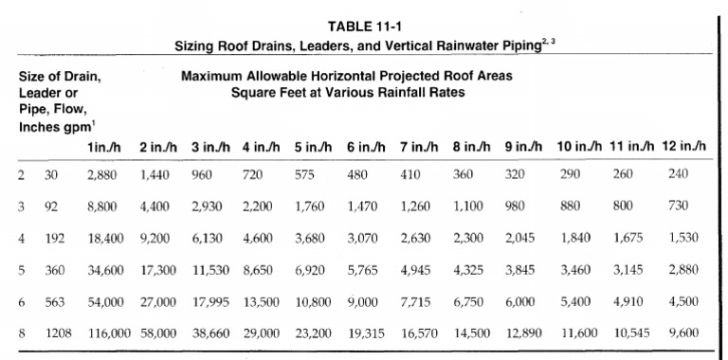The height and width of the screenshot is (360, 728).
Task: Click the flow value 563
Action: pos(55,301)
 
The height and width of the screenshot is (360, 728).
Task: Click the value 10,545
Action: pos(632,333)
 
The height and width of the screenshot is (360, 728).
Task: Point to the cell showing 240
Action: pos(678,174)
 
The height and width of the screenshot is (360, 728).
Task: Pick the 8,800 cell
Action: pos(102,207)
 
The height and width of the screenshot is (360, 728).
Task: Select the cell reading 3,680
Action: pos(311,238)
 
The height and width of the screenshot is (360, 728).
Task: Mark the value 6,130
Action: pos(207,238)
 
